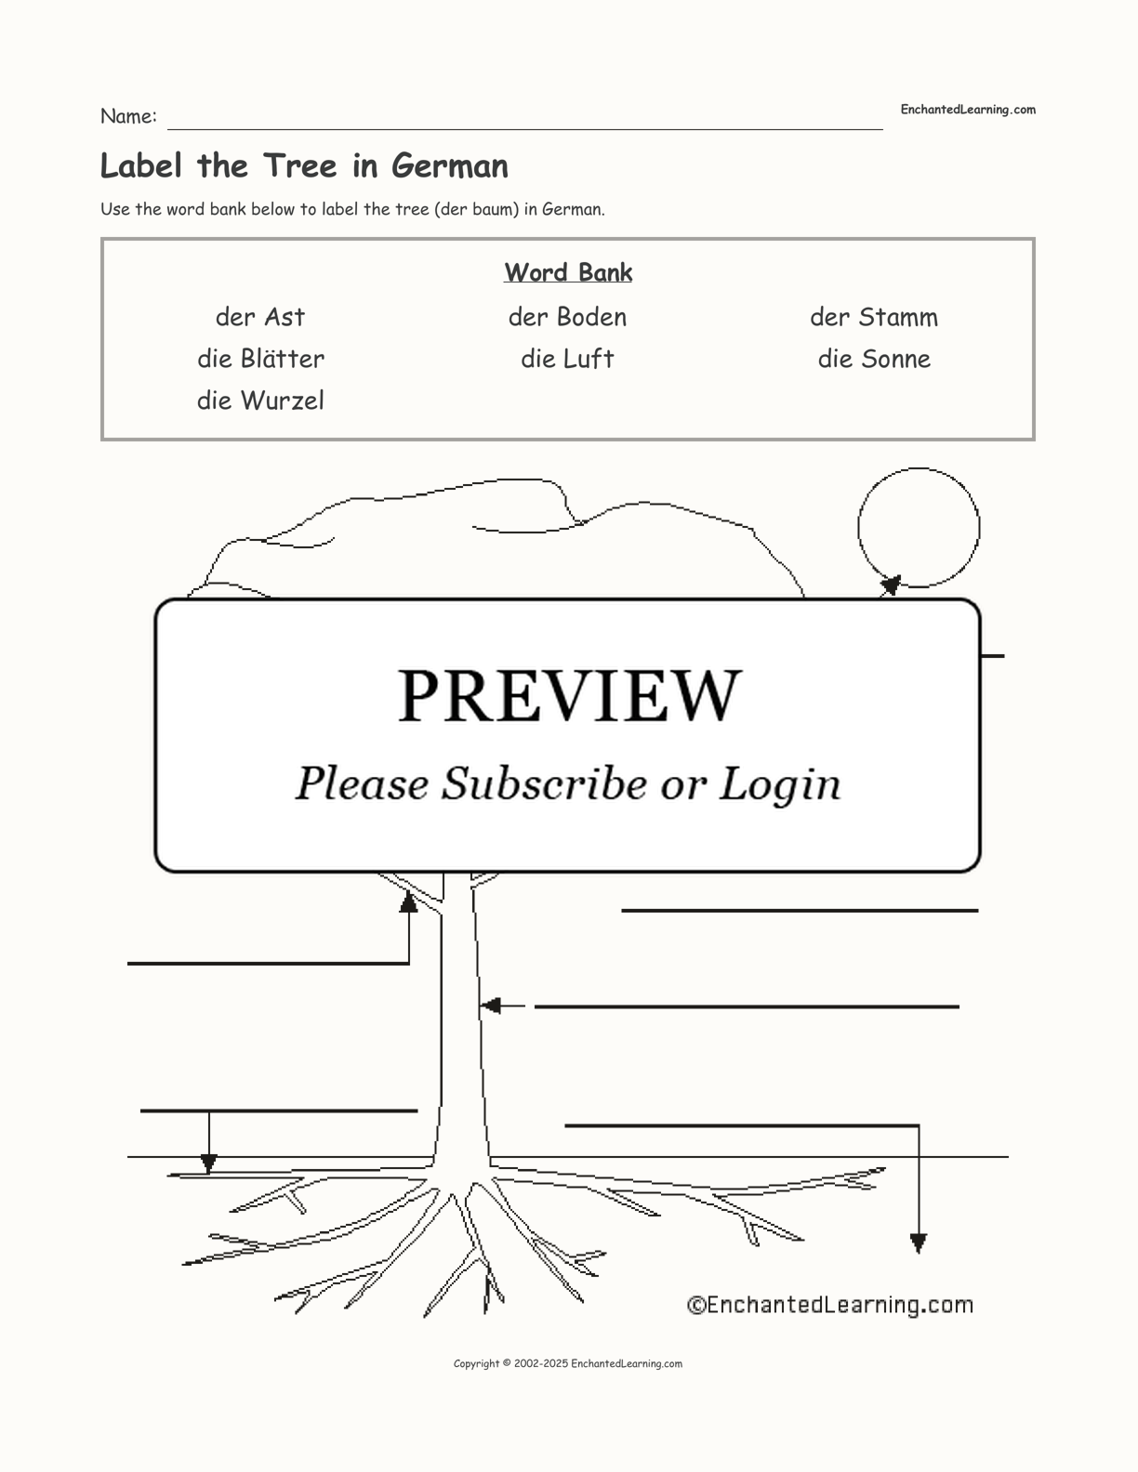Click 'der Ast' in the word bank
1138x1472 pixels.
point(260,317)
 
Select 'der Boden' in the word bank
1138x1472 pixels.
point(567,317)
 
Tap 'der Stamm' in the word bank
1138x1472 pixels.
point(873,317)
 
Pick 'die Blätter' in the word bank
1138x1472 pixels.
point(260,359)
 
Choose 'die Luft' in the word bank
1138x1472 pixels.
point(567,359)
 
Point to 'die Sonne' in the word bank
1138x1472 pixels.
point(873,359)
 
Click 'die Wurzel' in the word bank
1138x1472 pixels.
point(260,401)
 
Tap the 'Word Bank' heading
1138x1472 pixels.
point(568,272)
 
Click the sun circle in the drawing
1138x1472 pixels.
point(918,527)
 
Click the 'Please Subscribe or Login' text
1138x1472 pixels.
point(568,783)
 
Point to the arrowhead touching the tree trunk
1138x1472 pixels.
point(490,1005)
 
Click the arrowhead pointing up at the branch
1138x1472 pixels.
point(408,900)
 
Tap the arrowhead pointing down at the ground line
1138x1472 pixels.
point(209,1163)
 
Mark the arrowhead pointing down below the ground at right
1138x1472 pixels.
point(919,1242)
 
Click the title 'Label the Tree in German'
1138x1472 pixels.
point(304,165)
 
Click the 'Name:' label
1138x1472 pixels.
point(128,116)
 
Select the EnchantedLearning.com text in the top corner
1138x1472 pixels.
point(968,110)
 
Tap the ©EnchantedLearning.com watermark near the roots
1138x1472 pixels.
point(829,1305)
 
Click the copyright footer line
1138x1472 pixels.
point(568,1363)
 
